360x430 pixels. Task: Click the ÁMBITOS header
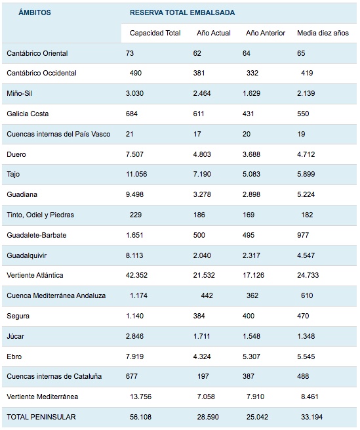pyautogui.click(x=35, y=12)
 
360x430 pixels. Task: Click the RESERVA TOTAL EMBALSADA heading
pyautogui.click(x=182, y=12)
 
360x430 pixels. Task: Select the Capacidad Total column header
pyautogui.click(x=155, y=33)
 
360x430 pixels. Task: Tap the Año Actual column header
pyautogui.click(x=214, y=33)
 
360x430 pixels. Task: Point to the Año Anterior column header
pyautogui.click(x=266, y=33)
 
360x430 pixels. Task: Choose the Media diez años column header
pyautogui.click(x=323, y=33)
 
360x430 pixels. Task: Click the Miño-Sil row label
pyautogui.click(x=20, y=93)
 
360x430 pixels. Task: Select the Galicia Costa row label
pyautogui.click(x=28, y=114)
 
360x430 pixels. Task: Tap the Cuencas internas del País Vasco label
pyautogui.click(x=58, y=134)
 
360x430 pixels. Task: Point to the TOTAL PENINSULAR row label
pyautogui.click(x=41, y=417)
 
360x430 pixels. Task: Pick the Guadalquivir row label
pyautogui.click(x=27, y=255)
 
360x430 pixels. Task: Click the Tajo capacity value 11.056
pyautogui.click(x=136, y=174)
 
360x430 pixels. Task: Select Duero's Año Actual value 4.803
pyautogui.click(x=202, y=154)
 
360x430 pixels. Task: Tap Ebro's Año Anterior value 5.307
pyautogui.click(x=251, y=356)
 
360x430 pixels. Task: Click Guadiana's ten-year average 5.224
pyautogui.click(x=306, y=195)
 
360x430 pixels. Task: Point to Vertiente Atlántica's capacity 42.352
pyautogui.click(x=136, y=275)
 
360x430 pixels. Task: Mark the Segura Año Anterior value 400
pyautogui.click(x=249, y=316)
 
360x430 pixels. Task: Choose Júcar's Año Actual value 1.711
pyautogui.click(x=202, y=336)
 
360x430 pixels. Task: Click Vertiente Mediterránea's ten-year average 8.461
pyautogui.click(x=310, y=397)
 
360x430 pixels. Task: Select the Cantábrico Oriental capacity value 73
pyautogui.click(x=130, y=53)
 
